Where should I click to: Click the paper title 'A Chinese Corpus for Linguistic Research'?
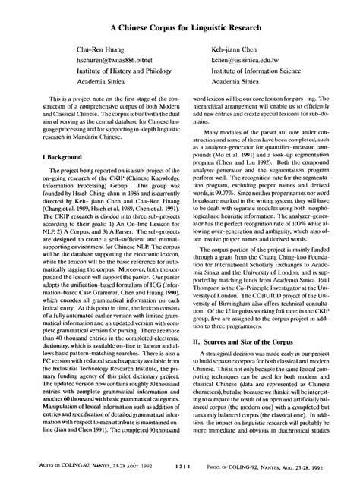(180, 24)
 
